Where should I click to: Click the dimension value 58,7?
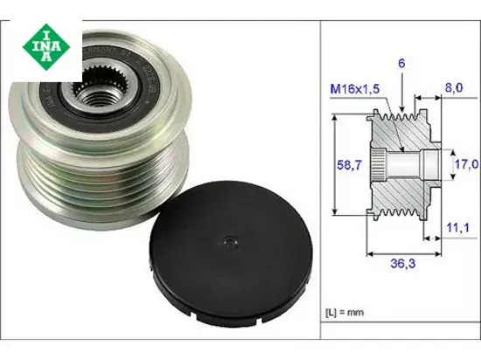(351, 164)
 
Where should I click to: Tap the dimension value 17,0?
(464, 163)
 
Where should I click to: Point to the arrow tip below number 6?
(403, 108)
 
